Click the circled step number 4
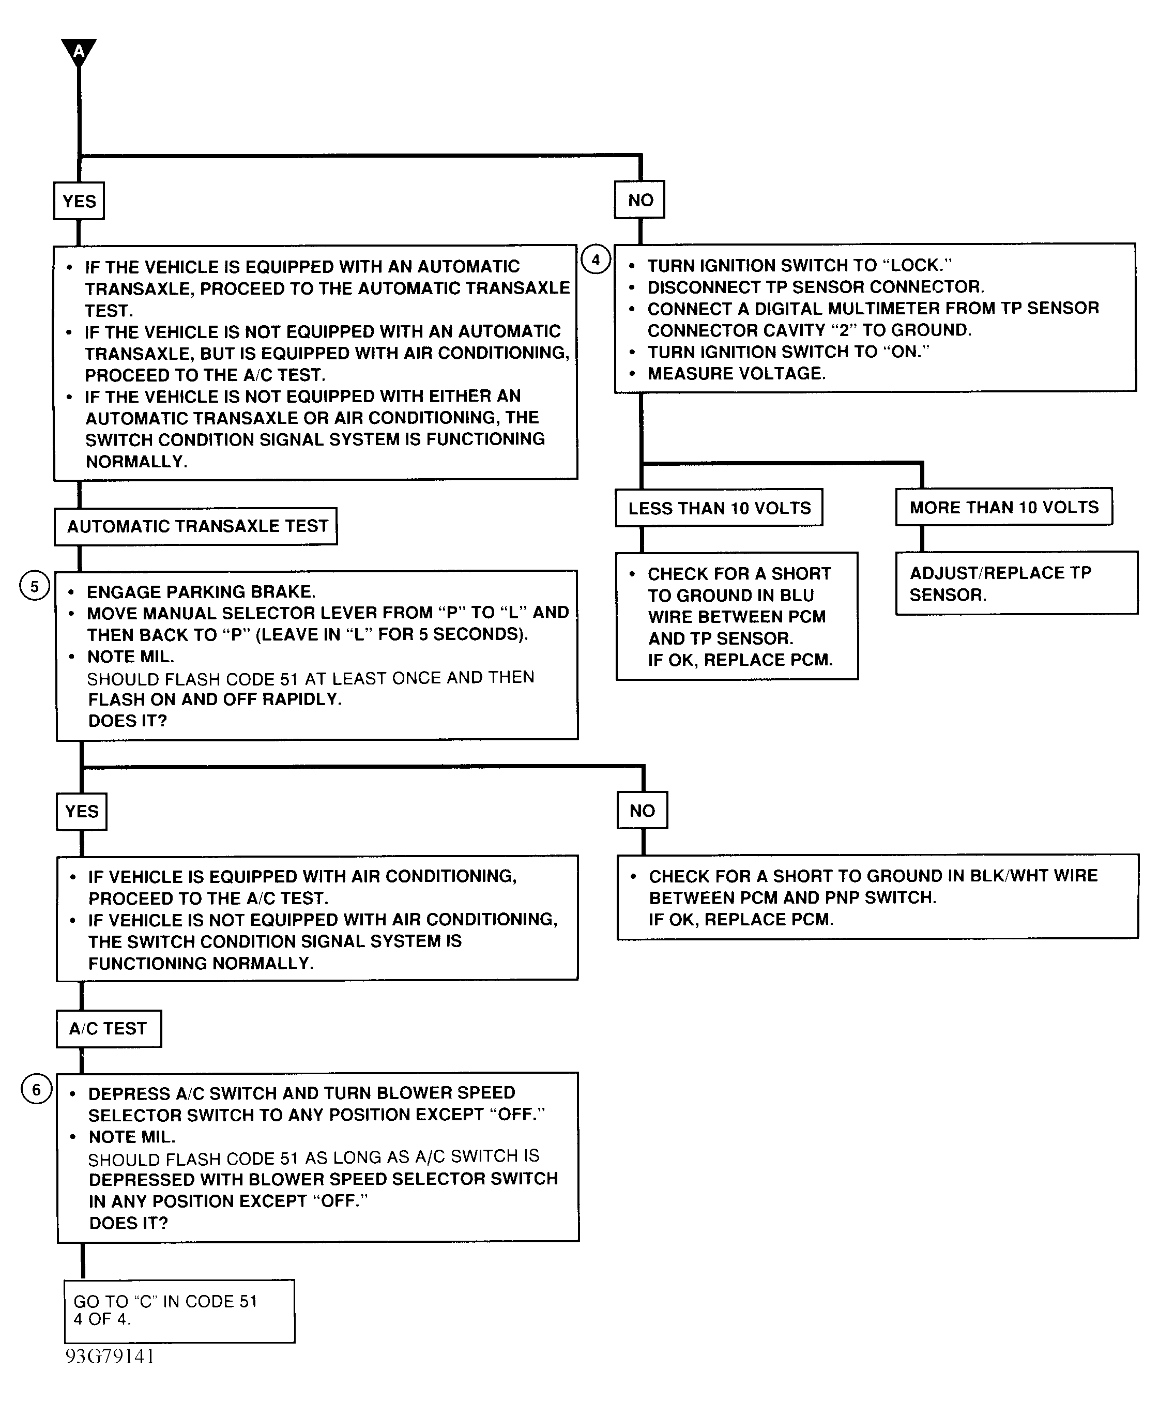tap(596, 259)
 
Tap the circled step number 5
tap(34, 586)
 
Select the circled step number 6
tap(36, 1090)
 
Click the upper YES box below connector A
tap(79, 201)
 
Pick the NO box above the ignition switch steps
tap(639, 200)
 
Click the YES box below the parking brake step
tap(82, 811)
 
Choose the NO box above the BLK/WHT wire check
tap(642, 811)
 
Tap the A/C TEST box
tap(108, 1028)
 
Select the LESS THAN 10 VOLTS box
tap(719, 508)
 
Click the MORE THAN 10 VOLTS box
tap(1003, 507)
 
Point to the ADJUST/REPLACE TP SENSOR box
tap(1016, 584)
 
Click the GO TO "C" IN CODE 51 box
tap(179, 1310)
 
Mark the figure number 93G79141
tap(110, 1356)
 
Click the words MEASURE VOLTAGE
tap(736, 373)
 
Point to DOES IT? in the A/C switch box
tap(128, 1223)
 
